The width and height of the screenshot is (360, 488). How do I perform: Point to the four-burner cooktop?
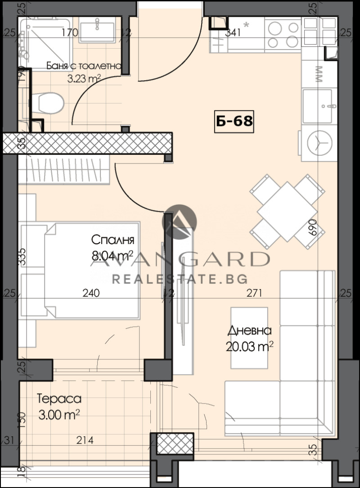tap(282, 36)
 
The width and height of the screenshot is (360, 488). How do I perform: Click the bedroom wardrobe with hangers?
tap(64, 171)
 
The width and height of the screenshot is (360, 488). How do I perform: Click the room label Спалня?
tap(112, 239)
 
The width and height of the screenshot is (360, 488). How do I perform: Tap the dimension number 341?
tap(233, 32)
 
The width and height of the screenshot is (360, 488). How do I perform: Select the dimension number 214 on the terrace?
tap(85, 441)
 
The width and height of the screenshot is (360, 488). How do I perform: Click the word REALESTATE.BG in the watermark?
tap(179, 279)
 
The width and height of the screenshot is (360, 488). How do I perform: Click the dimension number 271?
tap(255, 294)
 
